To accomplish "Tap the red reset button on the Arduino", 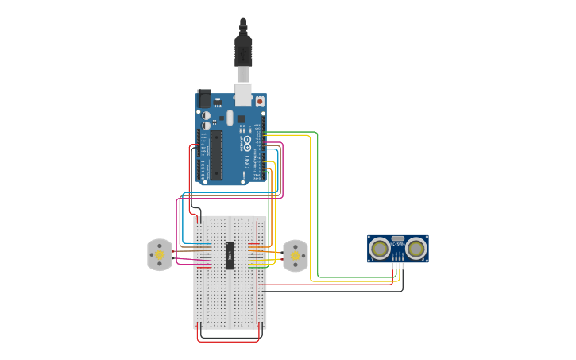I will point(259,102).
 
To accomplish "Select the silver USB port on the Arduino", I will point(243,95).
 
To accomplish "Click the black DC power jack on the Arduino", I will point(204,99).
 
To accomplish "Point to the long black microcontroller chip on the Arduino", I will point(215,156).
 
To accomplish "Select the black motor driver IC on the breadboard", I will point(230,255).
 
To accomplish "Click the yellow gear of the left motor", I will point(160,255).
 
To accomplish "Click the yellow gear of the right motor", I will point(296,256).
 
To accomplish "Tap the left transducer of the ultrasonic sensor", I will point(381,249).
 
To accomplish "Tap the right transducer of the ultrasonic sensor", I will point(416,249).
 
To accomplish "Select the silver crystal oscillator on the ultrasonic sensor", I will point(398,238).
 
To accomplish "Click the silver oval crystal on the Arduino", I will point(230,118).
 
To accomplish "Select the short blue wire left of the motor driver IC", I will point(205,244).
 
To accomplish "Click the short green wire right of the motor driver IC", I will point(257,267).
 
